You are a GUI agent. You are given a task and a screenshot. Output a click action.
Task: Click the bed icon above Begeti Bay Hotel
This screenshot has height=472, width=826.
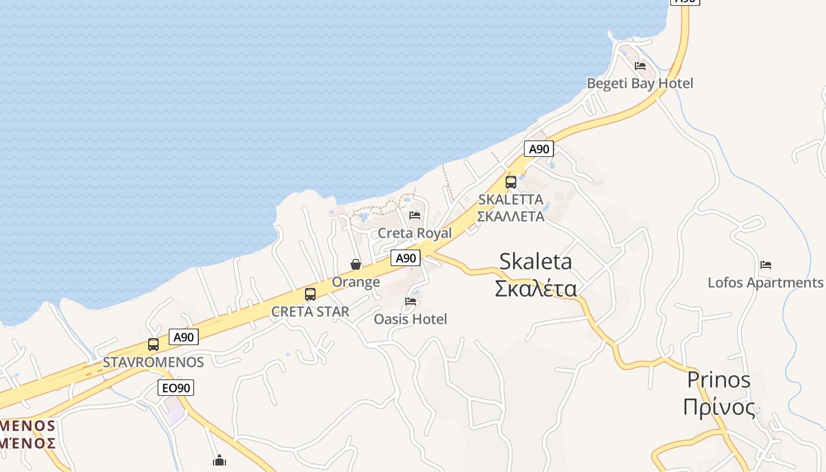[640, 65]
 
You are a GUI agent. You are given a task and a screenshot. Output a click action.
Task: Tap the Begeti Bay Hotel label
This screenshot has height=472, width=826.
[640, 83]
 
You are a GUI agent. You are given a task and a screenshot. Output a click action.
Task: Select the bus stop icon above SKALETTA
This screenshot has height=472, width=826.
[511, 182]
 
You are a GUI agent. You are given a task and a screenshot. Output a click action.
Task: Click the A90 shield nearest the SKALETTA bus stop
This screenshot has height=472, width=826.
[539, 149]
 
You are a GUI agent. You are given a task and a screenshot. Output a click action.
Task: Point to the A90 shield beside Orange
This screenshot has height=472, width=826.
[405, 258]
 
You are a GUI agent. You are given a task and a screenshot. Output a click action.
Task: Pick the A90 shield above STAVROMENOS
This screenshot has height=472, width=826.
[183, 337]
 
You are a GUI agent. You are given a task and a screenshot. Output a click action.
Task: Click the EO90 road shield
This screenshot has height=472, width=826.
[176, 388]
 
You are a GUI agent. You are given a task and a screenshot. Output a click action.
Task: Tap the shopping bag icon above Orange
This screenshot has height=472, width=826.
[356, 264]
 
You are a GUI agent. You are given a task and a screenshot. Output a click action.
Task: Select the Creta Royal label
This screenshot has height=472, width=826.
[415, 233]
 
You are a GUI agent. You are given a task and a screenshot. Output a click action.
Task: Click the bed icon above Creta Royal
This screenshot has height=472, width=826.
[415, 215]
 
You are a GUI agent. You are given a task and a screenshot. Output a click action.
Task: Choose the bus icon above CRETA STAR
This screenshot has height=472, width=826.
[310, 294]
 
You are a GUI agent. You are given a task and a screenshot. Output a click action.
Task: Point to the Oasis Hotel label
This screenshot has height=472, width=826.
[411, 319]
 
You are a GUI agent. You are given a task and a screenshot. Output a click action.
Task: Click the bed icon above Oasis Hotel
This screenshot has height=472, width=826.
[411, 301]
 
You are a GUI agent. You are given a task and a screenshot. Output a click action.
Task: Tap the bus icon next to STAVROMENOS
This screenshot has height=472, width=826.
[153, 345]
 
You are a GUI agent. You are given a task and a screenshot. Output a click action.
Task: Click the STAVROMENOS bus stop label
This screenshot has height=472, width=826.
[153, 362]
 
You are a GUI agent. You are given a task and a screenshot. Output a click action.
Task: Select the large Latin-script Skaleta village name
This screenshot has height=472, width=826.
[535, 261]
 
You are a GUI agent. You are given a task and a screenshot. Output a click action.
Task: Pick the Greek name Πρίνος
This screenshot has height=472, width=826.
[719, 408]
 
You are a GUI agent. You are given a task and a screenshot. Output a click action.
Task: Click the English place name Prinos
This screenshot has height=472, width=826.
[719, 380]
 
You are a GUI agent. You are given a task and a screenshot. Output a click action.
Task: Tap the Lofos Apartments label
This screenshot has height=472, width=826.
[765, 283]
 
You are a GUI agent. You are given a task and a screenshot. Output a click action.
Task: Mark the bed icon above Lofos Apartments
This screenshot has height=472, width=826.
[766, 264]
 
